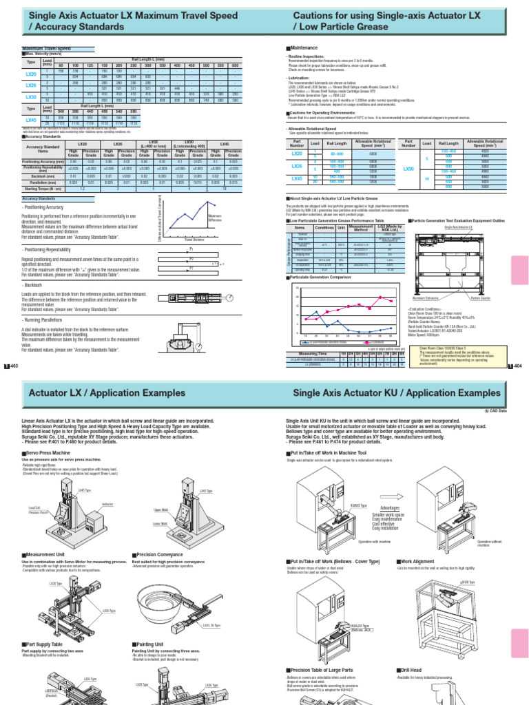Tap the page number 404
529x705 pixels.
517,366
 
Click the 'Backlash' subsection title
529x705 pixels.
39,284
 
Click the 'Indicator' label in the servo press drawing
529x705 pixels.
107,505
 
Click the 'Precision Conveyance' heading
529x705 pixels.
163,554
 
